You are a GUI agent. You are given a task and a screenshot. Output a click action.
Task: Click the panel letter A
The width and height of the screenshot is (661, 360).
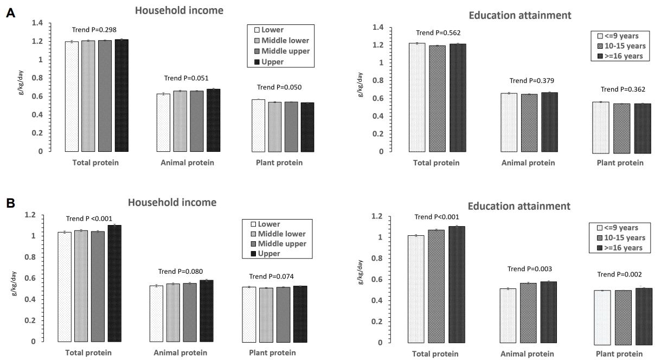[x=10, y=14]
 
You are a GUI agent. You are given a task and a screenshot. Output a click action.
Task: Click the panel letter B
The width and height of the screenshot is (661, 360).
[x=10, y=204]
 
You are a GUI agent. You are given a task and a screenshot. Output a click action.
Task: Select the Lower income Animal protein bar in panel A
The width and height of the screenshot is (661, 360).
[x=163, y=123]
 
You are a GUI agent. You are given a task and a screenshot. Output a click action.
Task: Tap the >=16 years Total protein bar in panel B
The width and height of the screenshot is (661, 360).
[x=457, y=284]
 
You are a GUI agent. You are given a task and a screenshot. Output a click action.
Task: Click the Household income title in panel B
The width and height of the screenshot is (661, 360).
[x=172, y=202]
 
